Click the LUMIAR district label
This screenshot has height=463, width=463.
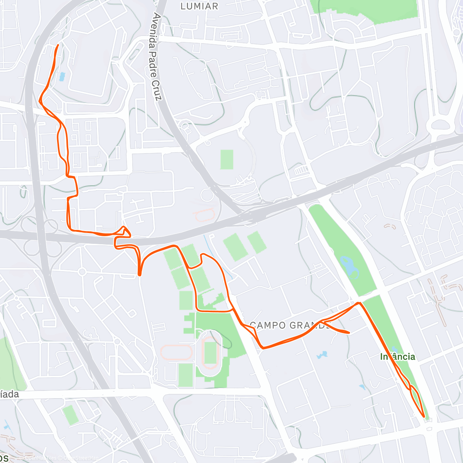point(199,6)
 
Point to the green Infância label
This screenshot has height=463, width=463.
point(397,357)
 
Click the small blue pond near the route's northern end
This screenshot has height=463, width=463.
point(62,76)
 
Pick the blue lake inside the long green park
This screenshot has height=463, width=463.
point(350,266)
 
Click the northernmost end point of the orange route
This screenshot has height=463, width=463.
point(58,45)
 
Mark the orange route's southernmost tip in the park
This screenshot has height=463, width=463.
point(424,417)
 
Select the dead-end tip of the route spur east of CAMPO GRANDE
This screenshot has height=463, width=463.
point(349,332)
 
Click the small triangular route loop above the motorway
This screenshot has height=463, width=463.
point(125,231)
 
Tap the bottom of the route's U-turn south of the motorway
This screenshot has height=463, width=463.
point(140,274)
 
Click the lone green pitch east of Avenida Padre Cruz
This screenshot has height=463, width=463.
point(227,159)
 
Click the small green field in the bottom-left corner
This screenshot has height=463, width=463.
point(71,415)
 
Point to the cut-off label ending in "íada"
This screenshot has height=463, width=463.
point(9,394)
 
